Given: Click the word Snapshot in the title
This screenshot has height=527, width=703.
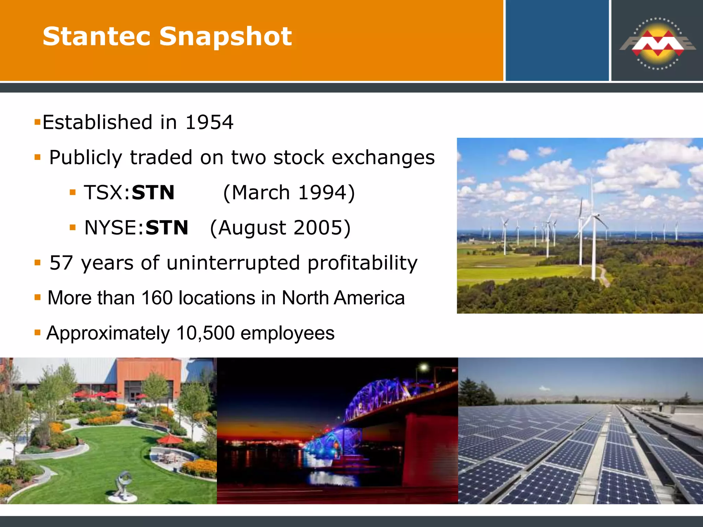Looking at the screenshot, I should point(226,36).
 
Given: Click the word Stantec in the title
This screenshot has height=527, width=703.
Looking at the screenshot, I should point(96,36).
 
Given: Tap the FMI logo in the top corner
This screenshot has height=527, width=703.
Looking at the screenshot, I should point(657,44).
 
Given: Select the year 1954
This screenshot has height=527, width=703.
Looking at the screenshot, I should point(209,122).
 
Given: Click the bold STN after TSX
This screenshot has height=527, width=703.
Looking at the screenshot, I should point(153,192).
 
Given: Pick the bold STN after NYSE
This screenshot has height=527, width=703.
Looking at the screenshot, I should point(167,228).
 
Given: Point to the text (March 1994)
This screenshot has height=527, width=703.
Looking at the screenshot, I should point(289,192).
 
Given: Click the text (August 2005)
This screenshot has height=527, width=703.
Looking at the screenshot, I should point(280,228).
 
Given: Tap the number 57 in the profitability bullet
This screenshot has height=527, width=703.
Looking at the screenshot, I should point(61,263).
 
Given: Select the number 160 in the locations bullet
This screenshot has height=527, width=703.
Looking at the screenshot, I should point(157,298).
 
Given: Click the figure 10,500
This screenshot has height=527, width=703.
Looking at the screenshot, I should point(205,333).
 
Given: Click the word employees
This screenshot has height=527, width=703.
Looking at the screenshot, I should point(287,333).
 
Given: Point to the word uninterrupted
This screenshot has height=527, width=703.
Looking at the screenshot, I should point(233,263).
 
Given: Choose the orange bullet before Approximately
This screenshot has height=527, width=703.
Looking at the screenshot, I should point(38,332).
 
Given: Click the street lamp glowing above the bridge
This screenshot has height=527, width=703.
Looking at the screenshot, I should point(424,368).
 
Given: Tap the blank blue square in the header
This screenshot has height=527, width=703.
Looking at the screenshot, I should point(557,40).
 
